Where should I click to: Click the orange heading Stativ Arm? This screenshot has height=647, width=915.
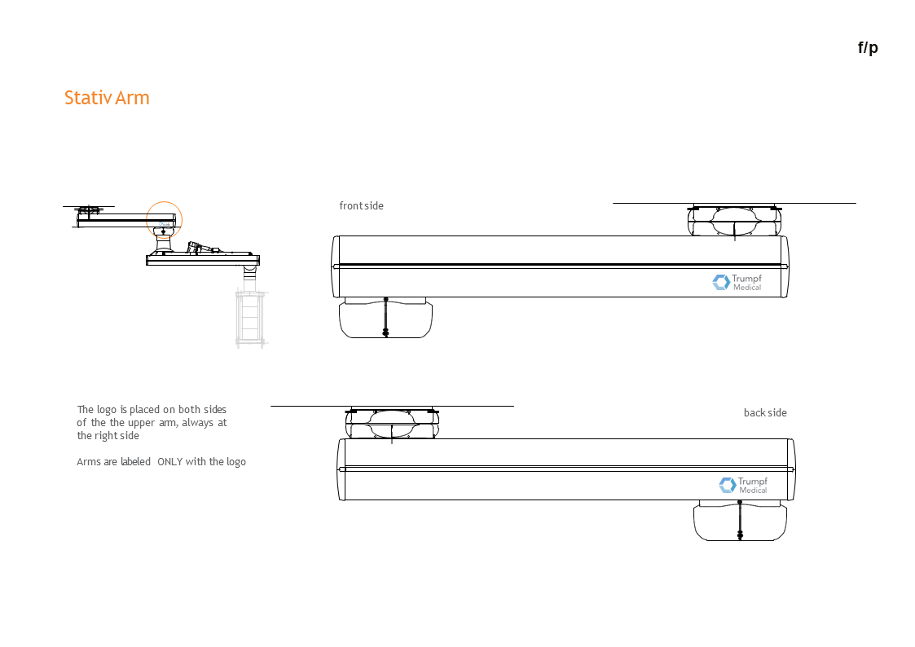107,98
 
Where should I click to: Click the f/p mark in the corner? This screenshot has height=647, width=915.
868,47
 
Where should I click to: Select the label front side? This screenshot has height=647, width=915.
361,206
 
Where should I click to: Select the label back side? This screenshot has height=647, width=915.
765,413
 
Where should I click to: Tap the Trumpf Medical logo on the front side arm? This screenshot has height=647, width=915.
737,282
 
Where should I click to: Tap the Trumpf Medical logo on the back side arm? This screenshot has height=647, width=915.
743,485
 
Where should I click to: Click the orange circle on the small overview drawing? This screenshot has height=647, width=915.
165,219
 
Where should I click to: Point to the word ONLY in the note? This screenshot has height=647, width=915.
169,462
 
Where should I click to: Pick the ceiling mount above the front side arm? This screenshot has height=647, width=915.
734,220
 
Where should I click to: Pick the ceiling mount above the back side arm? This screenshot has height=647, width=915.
392,423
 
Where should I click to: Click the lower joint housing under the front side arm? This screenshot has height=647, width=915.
385,319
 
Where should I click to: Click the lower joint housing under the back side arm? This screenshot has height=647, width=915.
740,522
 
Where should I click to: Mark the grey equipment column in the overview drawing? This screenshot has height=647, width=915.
251,317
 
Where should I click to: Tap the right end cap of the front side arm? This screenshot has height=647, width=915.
785,266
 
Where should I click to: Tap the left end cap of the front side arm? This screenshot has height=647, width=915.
335,266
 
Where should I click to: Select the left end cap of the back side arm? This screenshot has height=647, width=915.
341,469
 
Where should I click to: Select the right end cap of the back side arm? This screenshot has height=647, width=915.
791,469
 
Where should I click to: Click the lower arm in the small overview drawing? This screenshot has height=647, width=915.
202,260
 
